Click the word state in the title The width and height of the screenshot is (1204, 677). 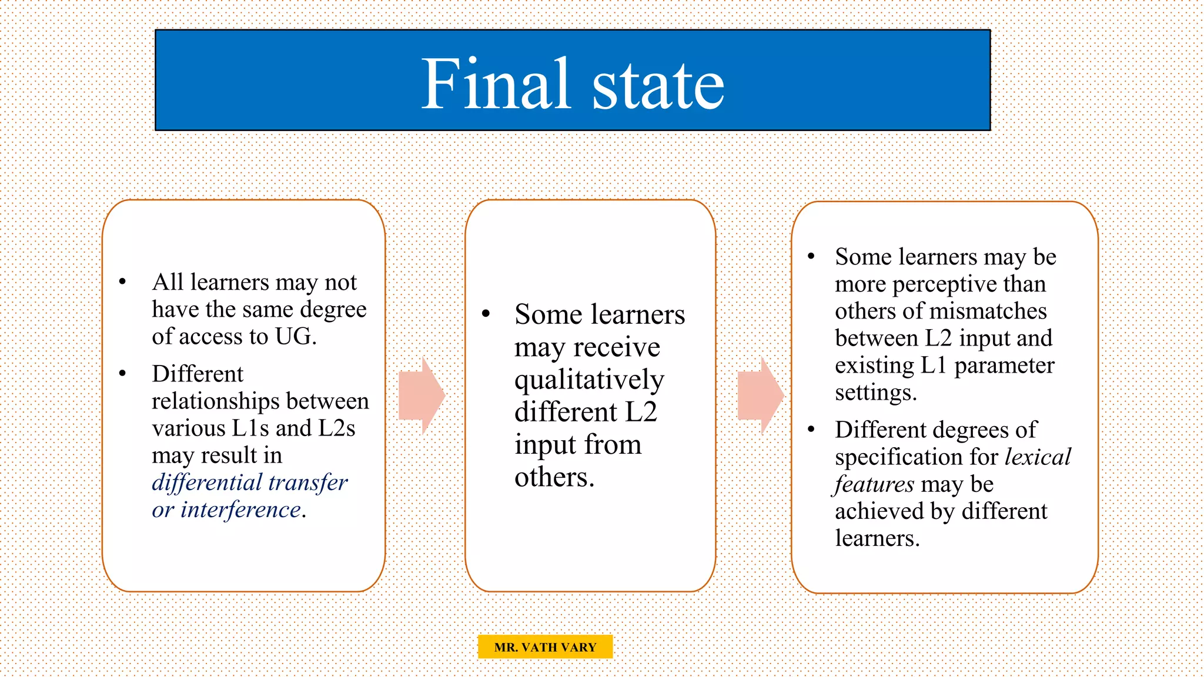pyautogui.click(x=658, y=87)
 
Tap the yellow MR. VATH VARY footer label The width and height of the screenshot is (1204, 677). pyautogui.click(x=545, y=647)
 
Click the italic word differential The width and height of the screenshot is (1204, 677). pyautogui.click(x=206, y=482)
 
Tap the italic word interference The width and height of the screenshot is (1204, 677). pyautogui.click(x=240, y=510)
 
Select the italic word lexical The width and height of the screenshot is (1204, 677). pyautogui.click(x=1038, y=457)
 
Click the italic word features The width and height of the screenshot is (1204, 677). pyautogui.click(x=874, y=484)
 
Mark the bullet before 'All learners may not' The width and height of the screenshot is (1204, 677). pyautogui.click(x=122, y=282)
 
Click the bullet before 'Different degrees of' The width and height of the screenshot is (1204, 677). pyautogui.click(x=811, y=430)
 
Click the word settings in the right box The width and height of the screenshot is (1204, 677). pyautogui.click(x=875, y=393)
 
